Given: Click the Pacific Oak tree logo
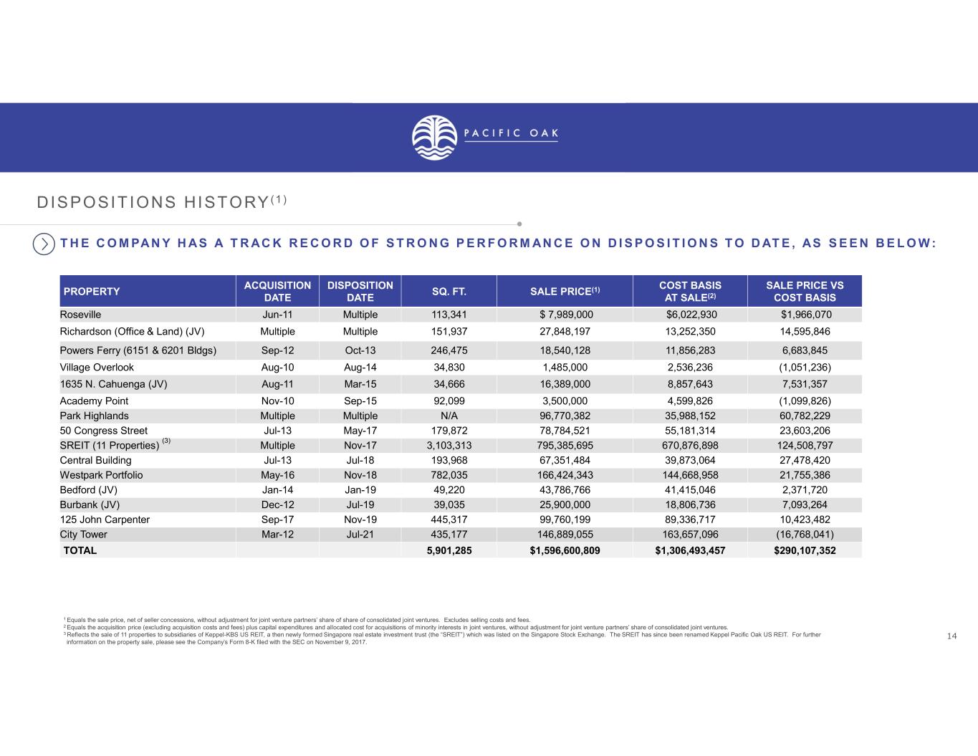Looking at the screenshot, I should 435,138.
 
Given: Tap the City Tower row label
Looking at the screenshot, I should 84,535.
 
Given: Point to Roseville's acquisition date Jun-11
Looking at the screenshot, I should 277,315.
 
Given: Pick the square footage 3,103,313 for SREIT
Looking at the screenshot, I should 449,446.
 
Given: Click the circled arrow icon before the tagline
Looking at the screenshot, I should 44,244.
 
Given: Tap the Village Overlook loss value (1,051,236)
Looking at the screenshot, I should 805,368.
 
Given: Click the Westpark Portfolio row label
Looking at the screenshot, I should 102,475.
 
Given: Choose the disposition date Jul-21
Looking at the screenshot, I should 360,535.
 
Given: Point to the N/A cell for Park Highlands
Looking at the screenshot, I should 449,416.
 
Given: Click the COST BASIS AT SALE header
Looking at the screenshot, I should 690,291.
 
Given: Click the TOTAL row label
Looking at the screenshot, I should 80,550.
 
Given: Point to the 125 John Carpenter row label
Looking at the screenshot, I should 105,520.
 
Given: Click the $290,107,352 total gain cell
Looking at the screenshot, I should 805,550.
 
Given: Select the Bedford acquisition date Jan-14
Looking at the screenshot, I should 277,490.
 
